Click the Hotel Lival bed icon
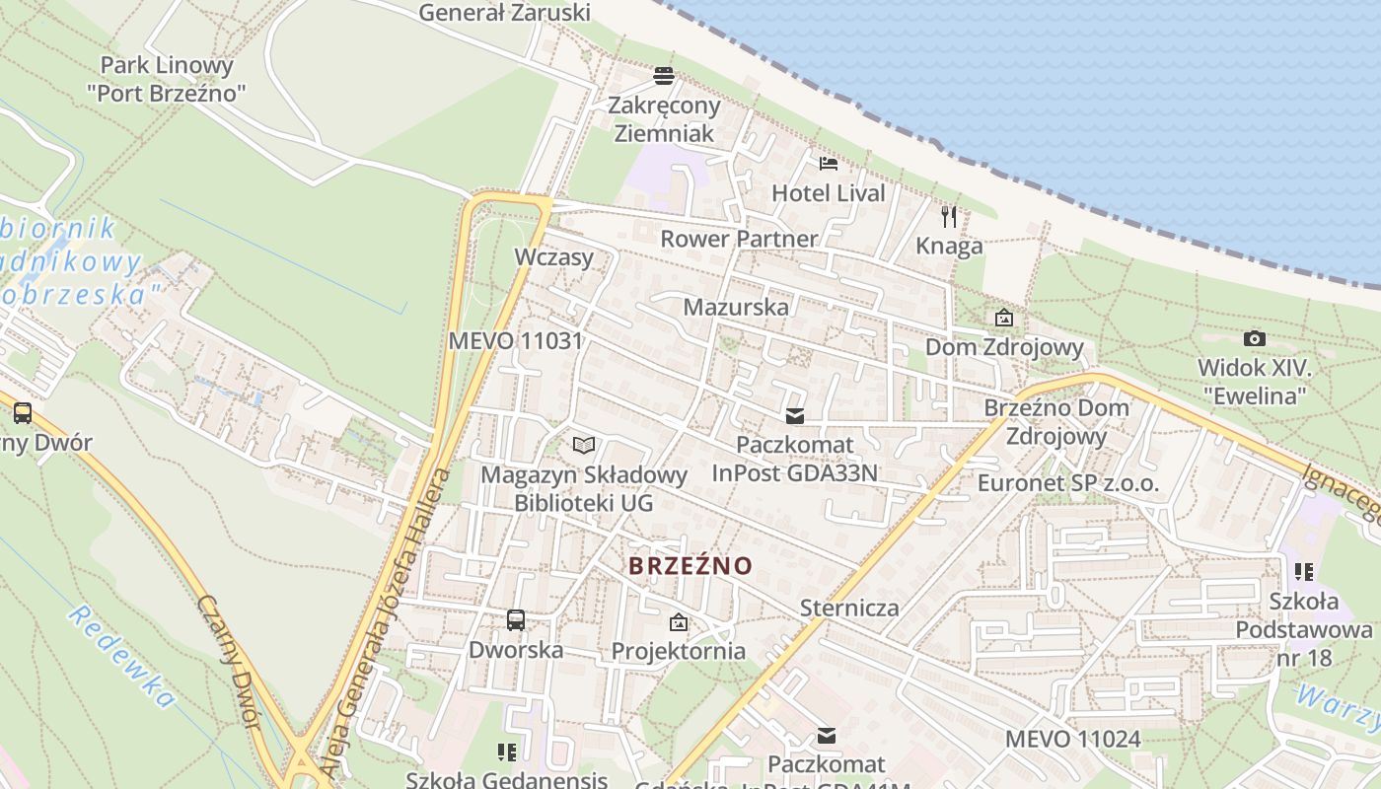point(828,163)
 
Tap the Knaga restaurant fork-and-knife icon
point(949,216)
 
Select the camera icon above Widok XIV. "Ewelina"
point(1254,338)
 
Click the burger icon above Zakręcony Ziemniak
point(664,75)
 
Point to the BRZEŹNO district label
point(690,566)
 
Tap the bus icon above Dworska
point(516,620)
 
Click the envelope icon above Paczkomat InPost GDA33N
point(794,415)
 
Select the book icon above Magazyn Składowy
point(584,445)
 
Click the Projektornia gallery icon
point(678,622)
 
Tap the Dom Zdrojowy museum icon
point(1004,318)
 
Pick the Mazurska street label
point(736,307)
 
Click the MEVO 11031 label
point(515,341)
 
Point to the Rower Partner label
point(739,239)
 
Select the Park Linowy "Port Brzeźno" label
point(167,79)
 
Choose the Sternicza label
point(849,608)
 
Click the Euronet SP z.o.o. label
point(1068,483)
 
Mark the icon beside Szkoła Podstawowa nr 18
point(1304,571)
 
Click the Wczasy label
point(554,257)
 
